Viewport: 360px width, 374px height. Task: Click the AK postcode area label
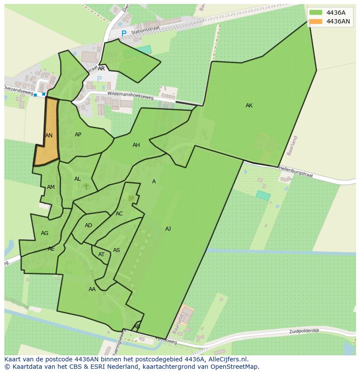click(249, 106)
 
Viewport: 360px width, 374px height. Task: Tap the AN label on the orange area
click(49, 136)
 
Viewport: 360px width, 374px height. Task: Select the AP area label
click(78, 135)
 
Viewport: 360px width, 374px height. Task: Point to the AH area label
click(136, 145)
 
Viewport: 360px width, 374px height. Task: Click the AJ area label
click(168, 229)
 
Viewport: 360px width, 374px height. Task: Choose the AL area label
click(77, 179)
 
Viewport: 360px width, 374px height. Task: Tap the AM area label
click(51, 187)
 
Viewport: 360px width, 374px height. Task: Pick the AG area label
click(44, 233)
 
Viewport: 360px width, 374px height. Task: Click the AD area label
click(88, 225)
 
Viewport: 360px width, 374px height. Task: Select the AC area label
click(119, 214)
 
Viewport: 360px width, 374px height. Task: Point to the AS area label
click(117, 250)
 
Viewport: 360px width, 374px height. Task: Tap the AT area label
click(101, 255)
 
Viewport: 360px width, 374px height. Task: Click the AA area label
click(92, 289)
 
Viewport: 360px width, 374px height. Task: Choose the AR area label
click(101, 69)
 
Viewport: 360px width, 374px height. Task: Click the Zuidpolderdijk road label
click(304, 331)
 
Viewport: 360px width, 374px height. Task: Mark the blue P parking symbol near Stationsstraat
click(124, 33)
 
